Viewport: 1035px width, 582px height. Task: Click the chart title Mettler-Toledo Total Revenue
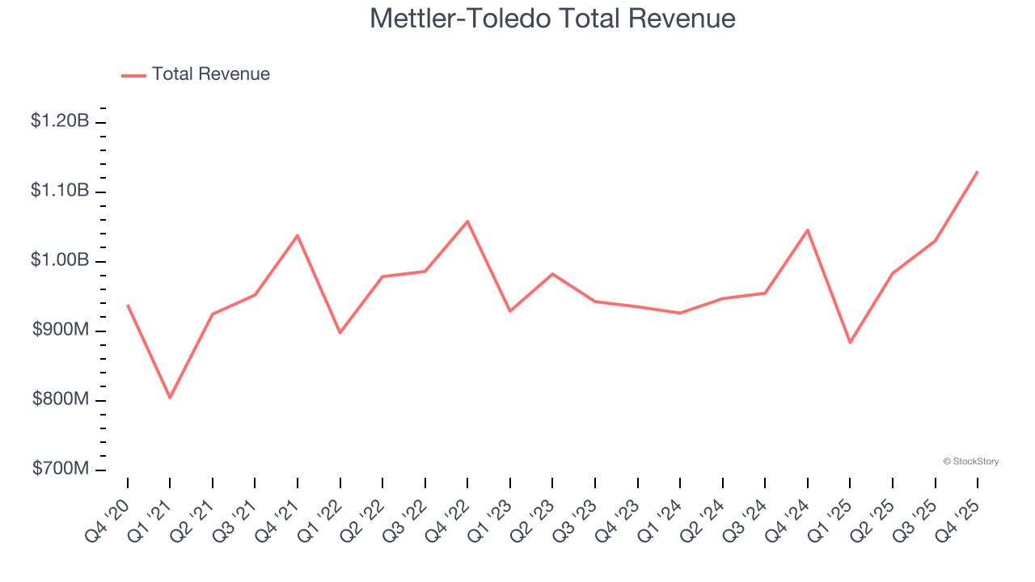pyautogui.click(x=552, y=19)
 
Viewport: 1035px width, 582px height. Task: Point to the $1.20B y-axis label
pyautogui.click(x=60, y=121)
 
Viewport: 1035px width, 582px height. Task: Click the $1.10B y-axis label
pyautogui.click(x=60, y=191)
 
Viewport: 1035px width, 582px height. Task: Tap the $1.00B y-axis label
pyautogui.click(x=60, y=260)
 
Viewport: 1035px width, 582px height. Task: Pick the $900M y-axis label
pyautogui.click(x=60, y=330)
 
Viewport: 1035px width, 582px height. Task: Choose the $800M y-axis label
pyautogui.click(x=60, y=399)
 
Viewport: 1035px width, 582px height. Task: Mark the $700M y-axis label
pyautogui.click(x=60, y=469)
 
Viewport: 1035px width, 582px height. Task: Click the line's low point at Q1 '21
pyautogui.click(x=170, y=398)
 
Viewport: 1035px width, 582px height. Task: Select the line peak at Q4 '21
pyautogui.click(x=298, y=235)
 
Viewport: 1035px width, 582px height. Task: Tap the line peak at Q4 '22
pyautogui.click(x=467, y=221)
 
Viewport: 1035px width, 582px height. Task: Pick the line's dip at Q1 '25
pyautogui.click(x=850, y=343)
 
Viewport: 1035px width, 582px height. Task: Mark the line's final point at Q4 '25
pyautogui.click(x=977, y=171)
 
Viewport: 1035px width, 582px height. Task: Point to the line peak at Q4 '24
pyautogui.click(x=807, y=230)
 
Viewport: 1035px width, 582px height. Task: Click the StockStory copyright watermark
pyautogui.click(x=970, y=462)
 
